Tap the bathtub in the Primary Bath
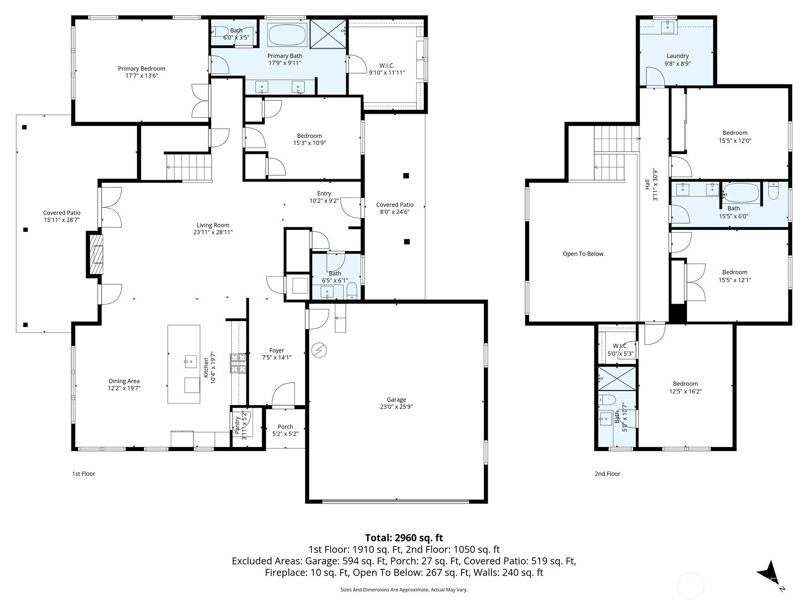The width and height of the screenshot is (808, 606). click(x=287, y=35)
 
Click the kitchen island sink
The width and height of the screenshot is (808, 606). click(x=191, y=360)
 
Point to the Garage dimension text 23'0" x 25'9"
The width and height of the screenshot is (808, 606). click(x=396, y=407)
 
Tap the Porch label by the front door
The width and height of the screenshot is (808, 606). click(x=285, y=427)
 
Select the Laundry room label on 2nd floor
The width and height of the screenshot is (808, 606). click(x=677, y=56)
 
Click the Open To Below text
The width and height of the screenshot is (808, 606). click(x=583, y=254)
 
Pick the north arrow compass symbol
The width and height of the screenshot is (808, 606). click(x=770, y=573)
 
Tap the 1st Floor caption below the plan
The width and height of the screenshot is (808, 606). click(x=83, y=474)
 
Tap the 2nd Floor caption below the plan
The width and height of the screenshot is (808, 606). click(x=607, y=474)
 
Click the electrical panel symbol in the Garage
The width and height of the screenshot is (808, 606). click(x=319, y=349)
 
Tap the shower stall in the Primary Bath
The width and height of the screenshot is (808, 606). click(x=327, y=34)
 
